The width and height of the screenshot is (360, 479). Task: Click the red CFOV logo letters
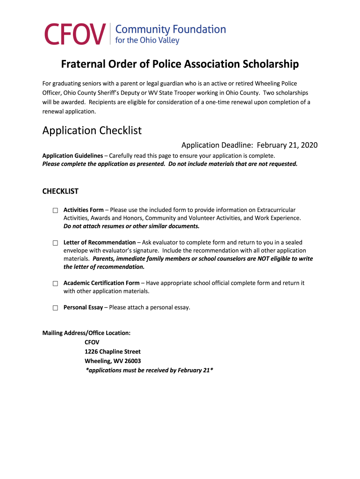point(74,35)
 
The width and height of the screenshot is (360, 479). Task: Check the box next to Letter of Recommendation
point(55,243)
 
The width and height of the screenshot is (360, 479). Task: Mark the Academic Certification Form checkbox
point(55,283)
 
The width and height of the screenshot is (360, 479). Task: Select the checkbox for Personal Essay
point(55,308)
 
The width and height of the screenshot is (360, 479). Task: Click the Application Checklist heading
point(92,131)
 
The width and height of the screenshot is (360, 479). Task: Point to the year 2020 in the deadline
point(308,145)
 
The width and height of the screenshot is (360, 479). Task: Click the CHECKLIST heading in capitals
point(60,191)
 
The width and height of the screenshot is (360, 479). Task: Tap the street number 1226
point(92,352)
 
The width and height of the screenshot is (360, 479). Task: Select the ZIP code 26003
point(131,361)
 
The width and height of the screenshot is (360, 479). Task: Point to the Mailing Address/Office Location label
point(86,333)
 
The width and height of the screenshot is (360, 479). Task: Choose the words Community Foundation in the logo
point(170,29)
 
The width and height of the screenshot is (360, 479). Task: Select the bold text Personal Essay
point(83,307)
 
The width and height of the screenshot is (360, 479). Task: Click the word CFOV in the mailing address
point(92,342)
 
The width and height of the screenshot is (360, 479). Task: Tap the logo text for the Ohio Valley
point(147,41)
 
